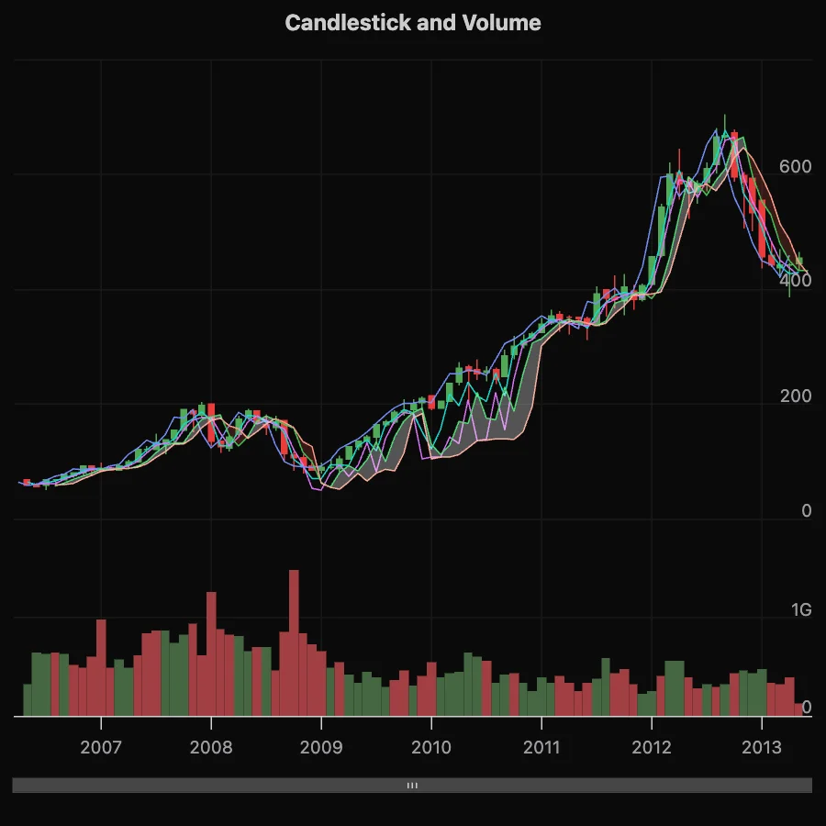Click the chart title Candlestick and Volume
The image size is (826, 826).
(x=413, y=23)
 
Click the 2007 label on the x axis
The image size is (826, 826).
(x=101, y=747)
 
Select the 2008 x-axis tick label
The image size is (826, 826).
(x=211, y=747)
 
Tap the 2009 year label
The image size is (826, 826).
(x=321, y=747)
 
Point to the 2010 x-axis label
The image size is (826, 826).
(x=431, y=747)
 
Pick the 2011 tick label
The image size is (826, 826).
(x=541, y=747)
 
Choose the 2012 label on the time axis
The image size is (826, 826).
(x=652, y=747)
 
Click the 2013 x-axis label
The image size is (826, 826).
(x=762, y=747)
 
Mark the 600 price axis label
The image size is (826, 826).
(x=795, y=167)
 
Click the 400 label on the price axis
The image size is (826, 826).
(x=795, y=282)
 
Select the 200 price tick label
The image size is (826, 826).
(x=795, y=396)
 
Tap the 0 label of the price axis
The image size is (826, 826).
(x=807, y=511)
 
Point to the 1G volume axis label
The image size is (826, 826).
(x=801, y=610)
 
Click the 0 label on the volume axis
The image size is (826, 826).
(x=807, y=708)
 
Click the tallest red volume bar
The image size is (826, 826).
(x=294, y=642)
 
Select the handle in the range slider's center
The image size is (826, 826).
(x=413, y=786)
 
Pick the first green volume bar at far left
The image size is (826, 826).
(x=28, y=699)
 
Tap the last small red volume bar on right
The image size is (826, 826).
(x=798, y=709)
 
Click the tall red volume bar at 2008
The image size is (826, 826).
(x=211, y=653)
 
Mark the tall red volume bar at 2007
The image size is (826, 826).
(x=101, y=667)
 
